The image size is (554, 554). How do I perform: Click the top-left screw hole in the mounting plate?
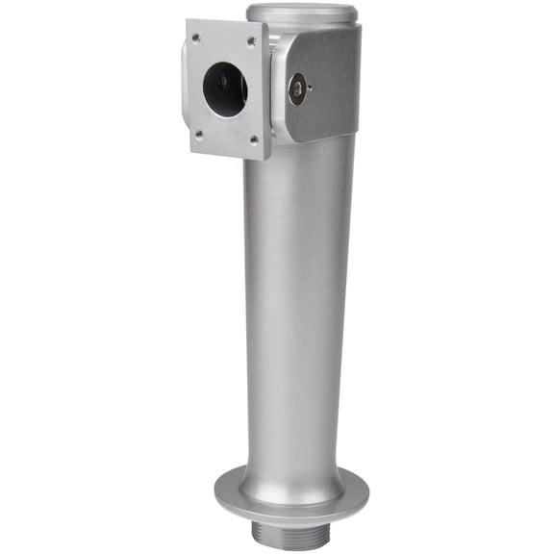[196, 38]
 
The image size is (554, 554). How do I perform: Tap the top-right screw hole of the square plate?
[253, 41]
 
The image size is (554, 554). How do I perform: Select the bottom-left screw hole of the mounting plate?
[197, 135]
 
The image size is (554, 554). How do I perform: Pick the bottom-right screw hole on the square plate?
[256, 142]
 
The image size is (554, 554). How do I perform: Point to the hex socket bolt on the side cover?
[298, 89]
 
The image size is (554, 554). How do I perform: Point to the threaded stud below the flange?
[291, 533]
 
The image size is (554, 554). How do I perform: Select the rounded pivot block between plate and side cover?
[277, 87]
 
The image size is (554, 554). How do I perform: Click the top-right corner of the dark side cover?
[359, 27]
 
